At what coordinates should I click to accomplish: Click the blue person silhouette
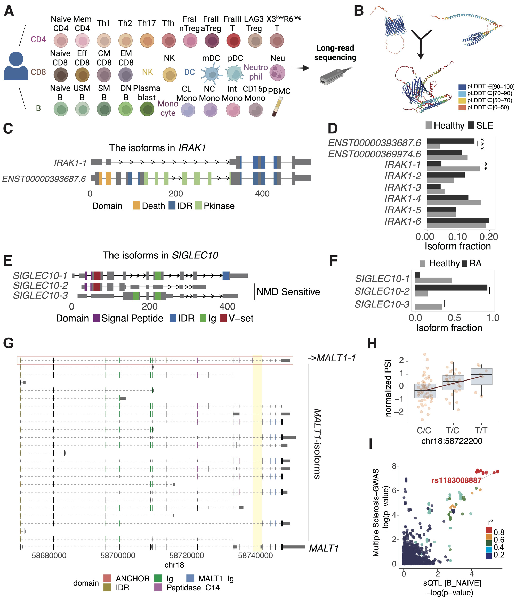click(16, 66)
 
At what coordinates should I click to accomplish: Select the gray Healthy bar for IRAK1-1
click(453, 169)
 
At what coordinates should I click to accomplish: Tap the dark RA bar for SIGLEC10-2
click(451, 288)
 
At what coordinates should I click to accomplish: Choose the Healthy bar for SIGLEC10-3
click(429, 306)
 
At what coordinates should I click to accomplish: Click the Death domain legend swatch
click(136, 206)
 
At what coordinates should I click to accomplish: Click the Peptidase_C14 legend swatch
click(158, 588)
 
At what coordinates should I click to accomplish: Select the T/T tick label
click(481, 430)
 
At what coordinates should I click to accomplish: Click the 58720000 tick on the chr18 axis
click(187, 556)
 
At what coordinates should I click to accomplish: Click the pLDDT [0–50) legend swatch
click(462, 107)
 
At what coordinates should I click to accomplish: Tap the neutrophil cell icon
click(277, 73)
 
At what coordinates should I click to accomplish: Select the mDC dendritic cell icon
click(211, 74)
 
